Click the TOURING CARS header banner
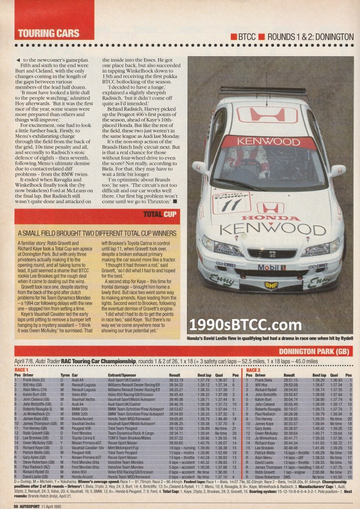(48, 34)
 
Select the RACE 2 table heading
(254, 370)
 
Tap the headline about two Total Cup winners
(98, 233)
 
